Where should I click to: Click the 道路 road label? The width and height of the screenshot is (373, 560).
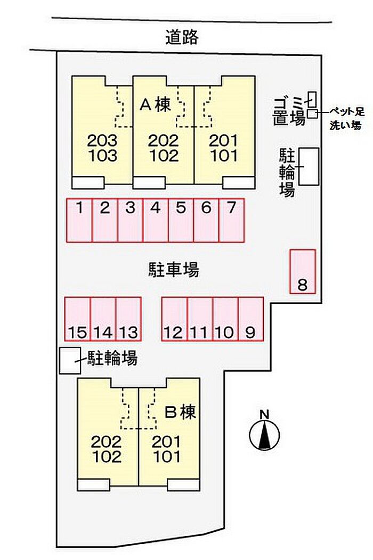tap(182, 37)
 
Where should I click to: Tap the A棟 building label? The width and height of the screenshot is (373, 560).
tap(155, 105)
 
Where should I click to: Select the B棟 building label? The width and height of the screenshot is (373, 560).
tap(181, 412)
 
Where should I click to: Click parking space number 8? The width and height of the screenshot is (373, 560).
tap(303, 271)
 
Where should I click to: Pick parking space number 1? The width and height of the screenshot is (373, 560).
tap(79, 220)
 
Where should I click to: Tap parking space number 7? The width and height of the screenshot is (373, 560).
tap(232, 220)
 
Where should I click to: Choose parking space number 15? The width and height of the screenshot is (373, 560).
tap(77, 319)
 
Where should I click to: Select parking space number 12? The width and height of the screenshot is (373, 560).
tap(174, 319)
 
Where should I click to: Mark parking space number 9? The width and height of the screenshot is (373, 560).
tap(251, 319)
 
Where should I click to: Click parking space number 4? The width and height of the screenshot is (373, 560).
tap(155, 220)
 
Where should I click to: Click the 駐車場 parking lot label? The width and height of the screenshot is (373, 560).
tap(174, 270)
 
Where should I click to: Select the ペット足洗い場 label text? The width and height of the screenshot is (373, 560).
tap(346, 118)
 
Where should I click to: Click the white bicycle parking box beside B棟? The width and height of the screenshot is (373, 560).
tap(70, 361)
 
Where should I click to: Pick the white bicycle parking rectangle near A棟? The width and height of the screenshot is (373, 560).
tap(309, 166)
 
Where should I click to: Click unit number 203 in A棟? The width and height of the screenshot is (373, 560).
tap(102, 140)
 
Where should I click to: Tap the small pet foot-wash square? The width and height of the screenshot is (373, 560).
tap(312, 114)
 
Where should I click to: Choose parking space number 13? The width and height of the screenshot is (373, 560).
tap(128, 319)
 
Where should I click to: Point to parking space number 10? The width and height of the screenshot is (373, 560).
tap(225, 319)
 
